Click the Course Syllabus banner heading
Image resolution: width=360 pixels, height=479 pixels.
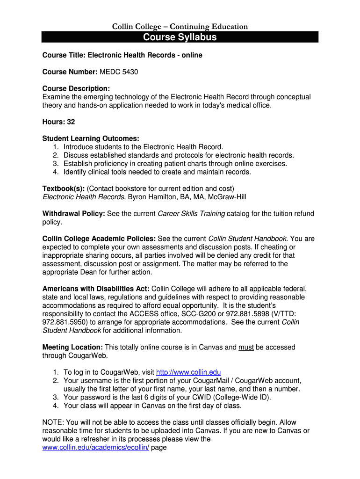[180, 37]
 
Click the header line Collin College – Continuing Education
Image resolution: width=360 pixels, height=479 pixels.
[180, 27]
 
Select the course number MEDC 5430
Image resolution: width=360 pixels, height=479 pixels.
[119, 72]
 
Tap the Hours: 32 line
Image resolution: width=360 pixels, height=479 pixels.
[58, 122]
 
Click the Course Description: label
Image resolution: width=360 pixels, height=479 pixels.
[76, 88]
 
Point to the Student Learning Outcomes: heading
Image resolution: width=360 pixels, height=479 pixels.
[91, 138]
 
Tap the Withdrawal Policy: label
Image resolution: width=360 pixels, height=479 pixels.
[73, 214]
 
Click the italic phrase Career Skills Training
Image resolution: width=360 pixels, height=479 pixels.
[191, 214]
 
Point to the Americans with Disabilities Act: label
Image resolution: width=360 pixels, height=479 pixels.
[96, 289]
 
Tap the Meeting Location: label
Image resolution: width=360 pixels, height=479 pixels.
[72, 347]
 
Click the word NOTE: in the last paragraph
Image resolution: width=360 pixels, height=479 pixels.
[53, 422]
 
